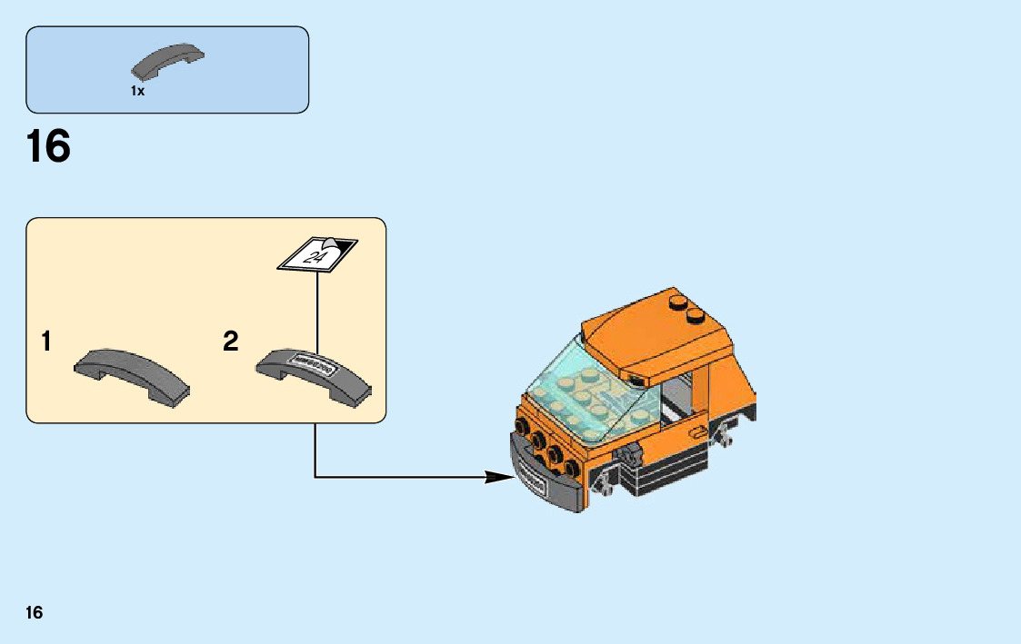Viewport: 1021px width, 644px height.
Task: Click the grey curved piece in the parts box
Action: (168, 61)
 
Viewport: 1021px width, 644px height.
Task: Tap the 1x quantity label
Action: (137, 91)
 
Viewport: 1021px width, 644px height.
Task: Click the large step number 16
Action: (48, 147)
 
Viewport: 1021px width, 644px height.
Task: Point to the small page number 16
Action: (34, 612)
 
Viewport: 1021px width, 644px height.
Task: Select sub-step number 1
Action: (45, 342)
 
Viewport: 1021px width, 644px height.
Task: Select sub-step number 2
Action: (231, 342)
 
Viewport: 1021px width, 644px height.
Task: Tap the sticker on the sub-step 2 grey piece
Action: (311, 364)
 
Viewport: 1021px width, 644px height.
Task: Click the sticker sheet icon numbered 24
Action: (317, 253)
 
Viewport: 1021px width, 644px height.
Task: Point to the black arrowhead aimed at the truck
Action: (500, 476)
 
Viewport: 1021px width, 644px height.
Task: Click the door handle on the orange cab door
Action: (697, 432)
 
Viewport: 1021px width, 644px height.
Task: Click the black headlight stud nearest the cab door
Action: (573, 469)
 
